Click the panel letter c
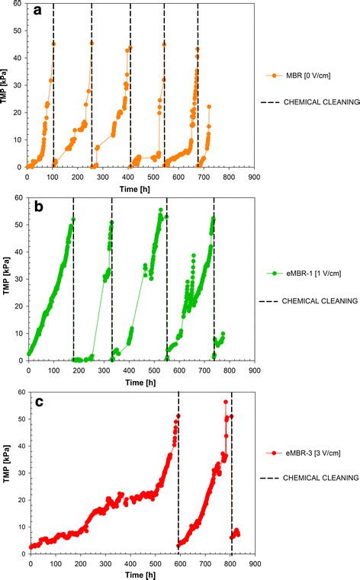pos(37,398)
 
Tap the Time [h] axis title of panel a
pos(140,186)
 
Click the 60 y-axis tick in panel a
pos(18,5)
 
